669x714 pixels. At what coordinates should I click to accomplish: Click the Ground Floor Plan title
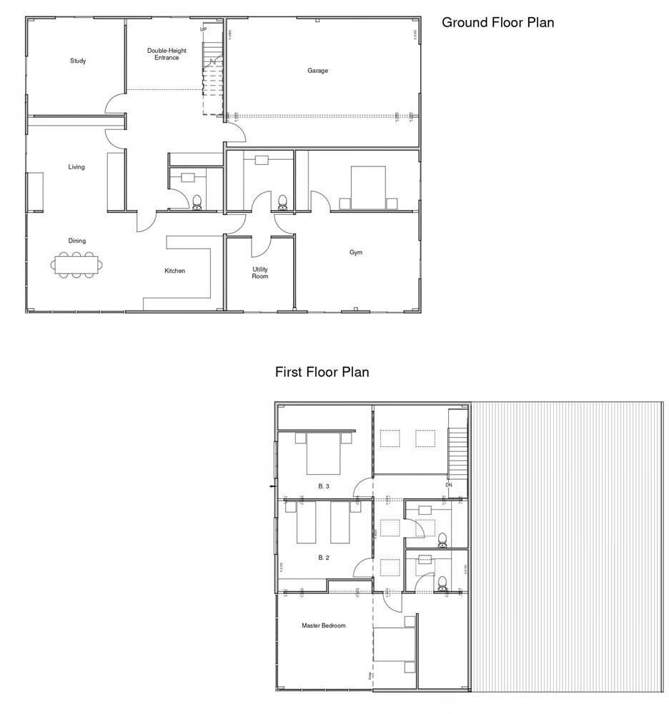497,22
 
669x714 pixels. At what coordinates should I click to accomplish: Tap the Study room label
78,61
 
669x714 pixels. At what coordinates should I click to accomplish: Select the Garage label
318,71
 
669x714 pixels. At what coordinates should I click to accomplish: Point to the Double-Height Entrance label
167,54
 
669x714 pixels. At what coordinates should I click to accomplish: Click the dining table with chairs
76,266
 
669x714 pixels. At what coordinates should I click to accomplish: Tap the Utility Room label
259,273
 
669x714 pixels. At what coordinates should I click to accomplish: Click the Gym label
356,253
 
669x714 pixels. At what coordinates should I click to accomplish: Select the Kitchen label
174,271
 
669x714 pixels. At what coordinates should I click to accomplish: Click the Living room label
76,167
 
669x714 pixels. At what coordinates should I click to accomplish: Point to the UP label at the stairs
203,29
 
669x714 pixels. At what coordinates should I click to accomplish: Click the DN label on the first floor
448,485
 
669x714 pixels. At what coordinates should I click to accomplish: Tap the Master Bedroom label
323,625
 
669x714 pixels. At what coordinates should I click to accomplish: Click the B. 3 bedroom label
324,486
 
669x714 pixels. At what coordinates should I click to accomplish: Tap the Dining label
76,241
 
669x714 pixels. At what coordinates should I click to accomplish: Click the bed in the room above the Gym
368,188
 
